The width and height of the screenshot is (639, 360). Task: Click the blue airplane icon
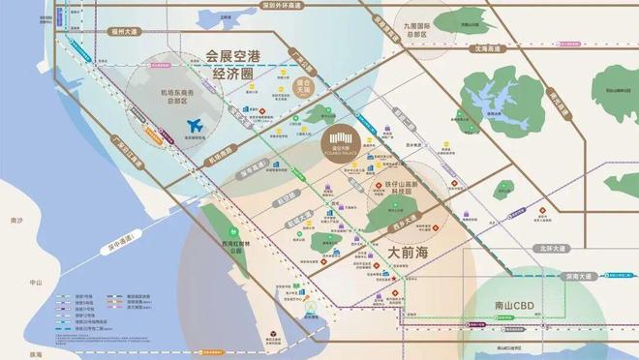[x=195, y=126]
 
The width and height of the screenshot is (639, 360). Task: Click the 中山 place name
[x=39, y=283]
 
